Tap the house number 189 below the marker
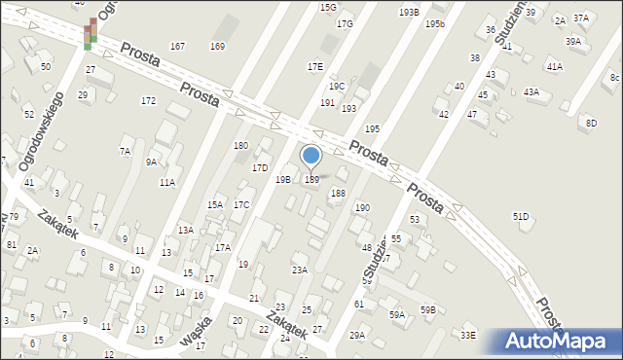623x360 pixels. click(311, 179)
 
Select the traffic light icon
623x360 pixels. click(90, 34)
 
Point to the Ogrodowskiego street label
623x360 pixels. click(40, 132)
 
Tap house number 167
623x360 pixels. click(177, 47)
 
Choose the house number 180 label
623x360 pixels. click(240, 146)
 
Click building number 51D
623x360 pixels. click(521, 217)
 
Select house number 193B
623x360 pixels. click(409, 12)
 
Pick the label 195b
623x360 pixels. click(434, 23)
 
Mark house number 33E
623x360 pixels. click(468, 336)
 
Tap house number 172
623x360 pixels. click(148, 101)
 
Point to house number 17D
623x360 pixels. click(260, 168)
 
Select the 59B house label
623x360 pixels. click(427, 309)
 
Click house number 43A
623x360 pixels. click(531, 91)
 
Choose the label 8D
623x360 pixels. click(591, 122)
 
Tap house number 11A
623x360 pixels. click(167, 182)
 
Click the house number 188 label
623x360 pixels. click(338, 194)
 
